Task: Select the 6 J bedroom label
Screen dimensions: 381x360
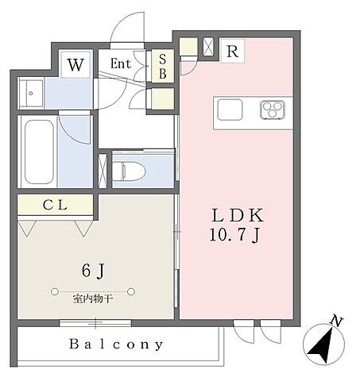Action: coord(95,271)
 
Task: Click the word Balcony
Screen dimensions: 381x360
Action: coord(116,344)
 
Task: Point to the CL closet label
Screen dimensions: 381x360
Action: coord(55,206)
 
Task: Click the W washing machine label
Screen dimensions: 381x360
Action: coord(75,65)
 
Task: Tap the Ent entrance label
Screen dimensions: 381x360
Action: coord(122,65)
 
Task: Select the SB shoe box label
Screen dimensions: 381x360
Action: coord(163,67)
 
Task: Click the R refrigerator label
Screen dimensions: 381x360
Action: coord(232,50)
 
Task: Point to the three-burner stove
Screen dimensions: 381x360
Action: coord(273,109)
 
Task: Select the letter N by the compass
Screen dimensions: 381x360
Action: coord(338,321)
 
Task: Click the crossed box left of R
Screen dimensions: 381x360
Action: coord(209,46)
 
